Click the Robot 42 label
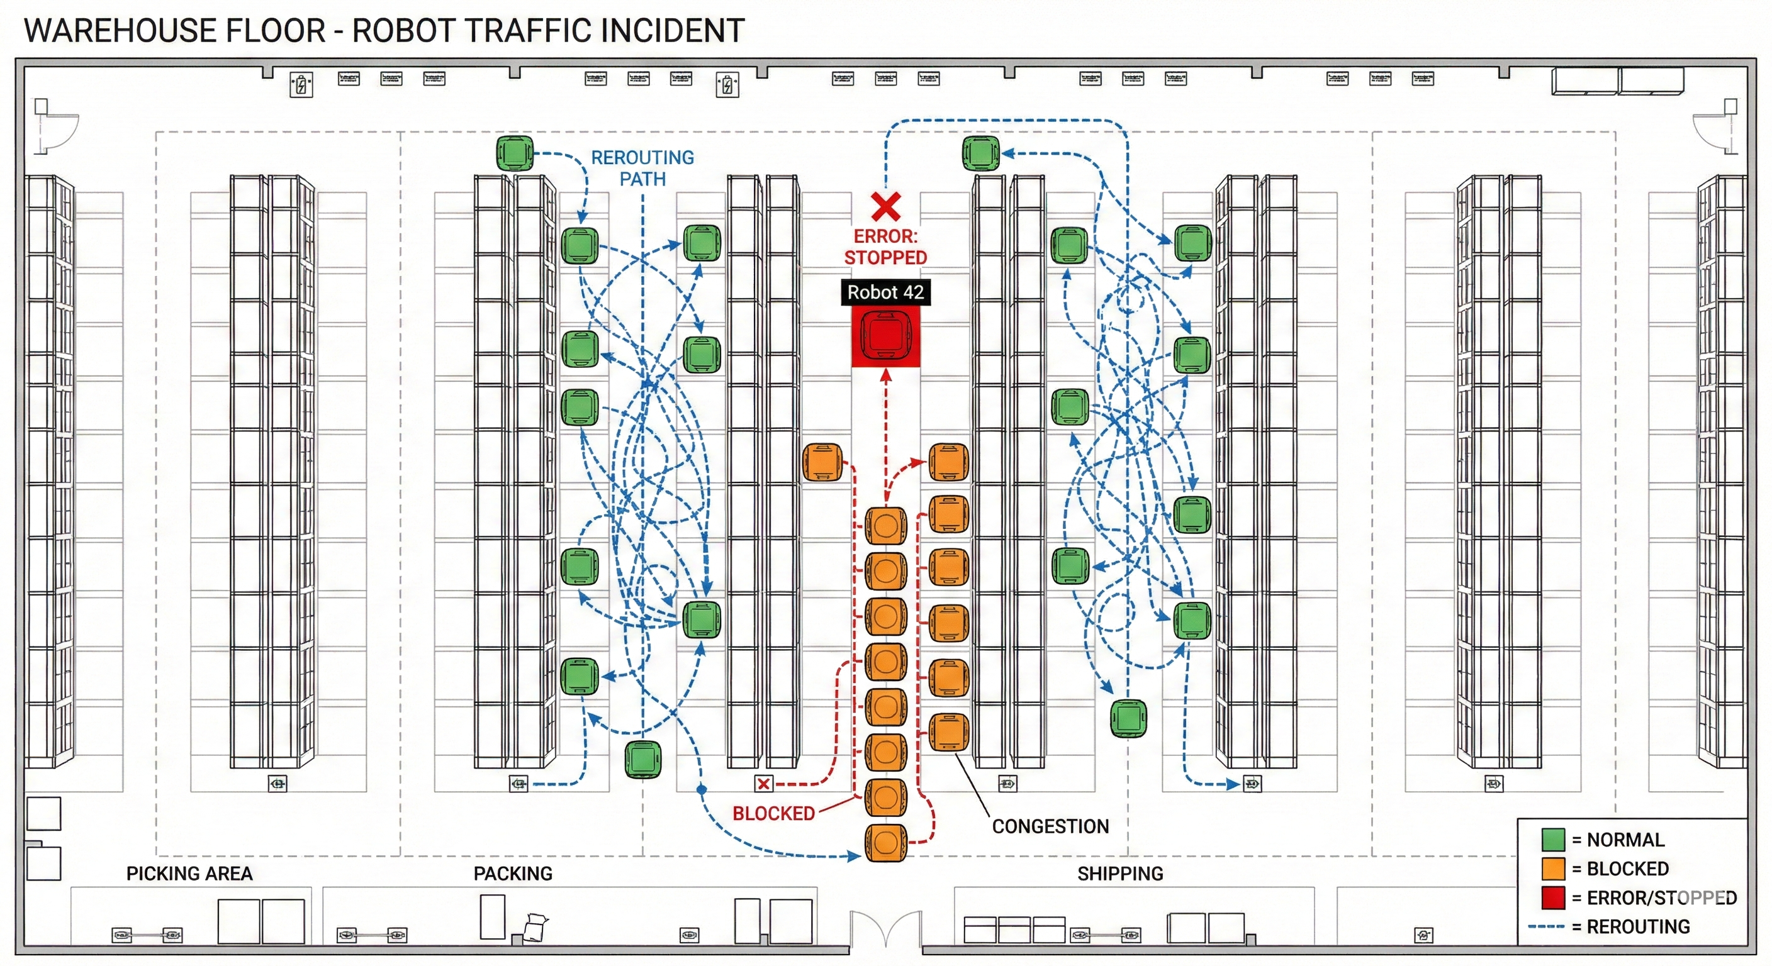pyautogui.click(x=885, y=292)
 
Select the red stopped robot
pyautogui.click(x=885, y=336)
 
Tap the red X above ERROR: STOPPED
pyautogui.click(x=886, y=206)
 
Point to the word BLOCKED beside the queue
pyautogui.click(x=773, y=813)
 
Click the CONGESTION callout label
pyautogui.click(x=1050, y=826)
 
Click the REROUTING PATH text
pyautogui.click(x=642, y=169)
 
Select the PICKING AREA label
pyautogui.click(x=189, y=874)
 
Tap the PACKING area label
pyautogui.click(x=513, y=874)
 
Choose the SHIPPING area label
pyautogui.click(x=1120, y=874)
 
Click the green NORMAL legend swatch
pyautogui.click(x=1553, y=840)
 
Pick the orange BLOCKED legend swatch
pyautogui.click(x=1553, y=869)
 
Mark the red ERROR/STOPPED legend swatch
pyautogui.click(x=1553, y=897)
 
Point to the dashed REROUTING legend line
pyautogui.click(x=1545, y=927)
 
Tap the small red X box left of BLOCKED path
pyautogui.click(x=763, y=784)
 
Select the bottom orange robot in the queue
pyautogui.click(x=885, y=842)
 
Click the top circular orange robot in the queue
pyautogui.click(x=885, y=526)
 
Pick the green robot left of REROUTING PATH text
pyautogui.click(x=515, y=153)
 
